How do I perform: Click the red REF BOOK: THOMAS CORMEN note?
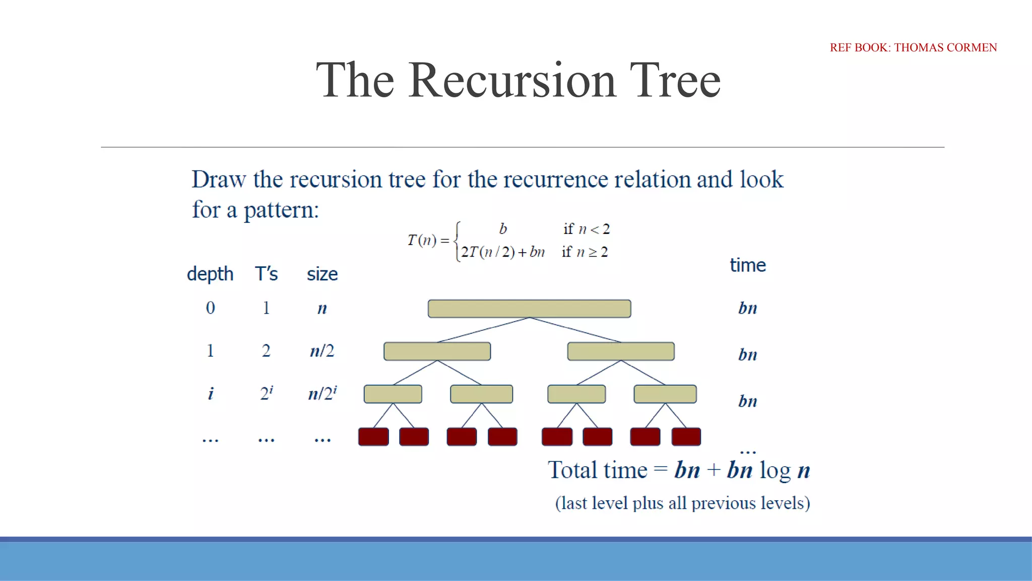pyautogui.click(x=913, y=47)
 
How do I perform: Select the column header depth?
pyautogui.click(x=210, y=274)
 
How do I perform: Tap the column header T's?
pyautogui.click(x=266, y=274)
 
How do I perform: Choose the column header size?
pyautogui.click(x=322, y=274)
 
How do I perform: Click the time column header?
pyautogui.click(x=747, y=265)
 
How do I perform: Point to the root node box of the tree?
pyautogui.click(x=529, y=309)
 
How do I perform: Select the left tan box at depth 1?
pyautogui.click(x=437, y=351)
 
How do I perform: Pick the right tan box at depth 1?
pyautogui.click(x=621, y=351)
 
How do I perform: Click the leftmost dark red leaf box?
pyautogui.click(x=373, y=437)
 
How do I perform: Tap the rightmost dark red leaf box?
pyautogui.click(x=686, y=437)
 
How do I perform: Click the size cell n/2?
pyautogui.click(x=322, y=351)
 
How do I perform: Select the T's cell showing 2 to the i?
pyautogui.click(x=266, y=393)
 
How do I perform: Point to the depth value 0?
pyautogui.click(x=210, y=308)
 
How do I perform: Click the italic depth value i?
pyautogui.click(x=210, y=393)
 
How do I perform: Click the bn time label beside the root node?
pyautogui.click(x=747, y=308)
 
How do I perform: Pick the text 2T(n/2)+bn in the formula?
pyautogui.click(x=503, y=252)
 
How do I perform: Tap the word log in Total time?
pyautogui.click(x=775, y=471)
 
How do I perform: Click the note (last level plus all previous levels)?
pyautogui.click(x=682, y=503)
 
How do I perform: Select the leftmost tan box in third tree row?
pyautogui.click(x=393, y=394)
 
